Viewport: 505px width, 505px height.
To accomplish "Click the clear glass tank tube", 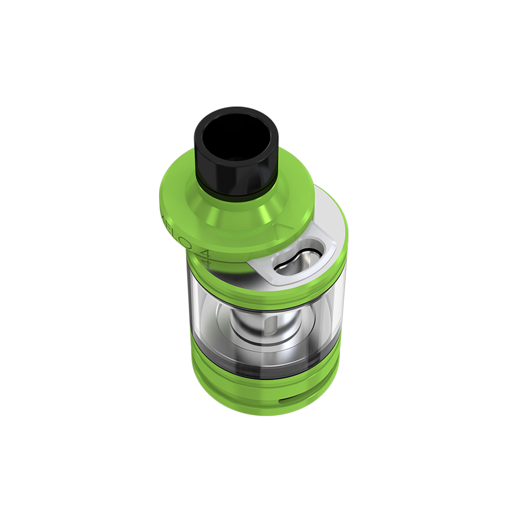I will pyautogui.click(x=212, y=313).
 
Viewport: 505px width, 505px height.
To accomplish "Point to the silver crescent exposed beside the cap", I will pyautogui.click(x=328, y=212).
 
